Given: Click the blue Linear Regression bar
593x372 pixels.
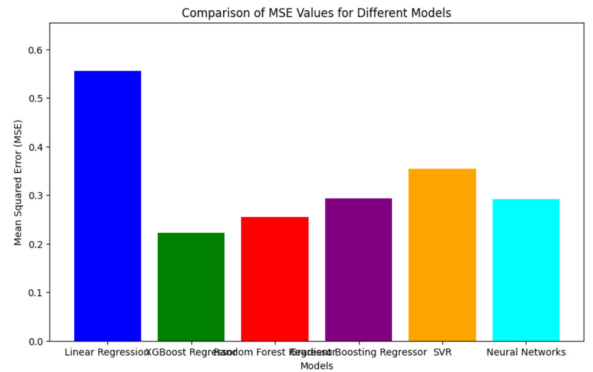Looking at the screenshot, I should pyautogui.click(x=107, y=206).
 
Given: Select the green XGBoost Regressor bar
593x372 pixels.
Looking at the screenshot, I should pyautogui.click(x=191, y=287).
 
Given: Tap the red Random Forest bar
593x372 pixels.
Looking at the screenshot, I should pyautogui.click(x=275, y=279).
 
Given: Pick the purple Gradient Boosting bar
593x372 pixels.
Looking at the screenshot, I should pyautogui.click(x=358, y=270).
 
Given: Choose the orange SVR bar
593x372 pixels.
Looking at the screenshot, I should pyautogui.click(x=442, y=254).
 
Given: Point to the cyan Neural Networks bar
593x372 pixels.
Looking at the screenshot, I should pyautogui.click(x=526, y=270).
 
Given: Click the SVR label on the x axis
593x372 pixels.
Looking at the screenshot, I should pyautogui.click(x=442, y=352).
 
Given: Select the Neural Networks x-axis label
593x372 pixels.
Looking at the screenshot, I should pyautogui.click(x=526, y=352).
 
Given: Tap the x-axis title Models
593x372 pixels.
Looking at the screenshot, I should pyautogui.click(x=316, y=365).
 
